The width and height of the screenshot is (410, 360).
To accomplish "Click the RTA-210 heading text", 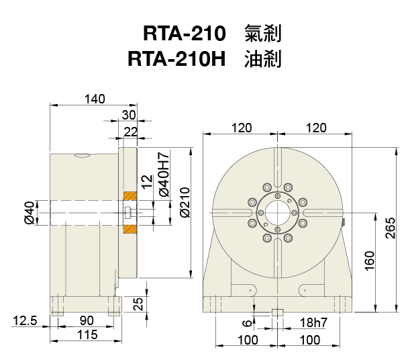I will click(182, 33).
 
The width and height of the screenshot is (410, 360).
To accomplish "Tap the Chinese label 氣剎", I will click(262, 33).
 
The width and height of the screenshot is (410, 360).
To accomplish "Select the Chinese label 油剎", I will click(262, 59).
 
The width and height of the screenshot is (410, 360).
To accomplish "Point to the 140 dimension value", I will click(95, 99).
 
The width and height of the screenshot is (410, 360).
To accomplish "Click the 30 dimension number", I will click(129, 114).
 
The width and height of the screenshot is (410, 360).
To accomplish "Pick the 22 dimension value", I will click(130, 131).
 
